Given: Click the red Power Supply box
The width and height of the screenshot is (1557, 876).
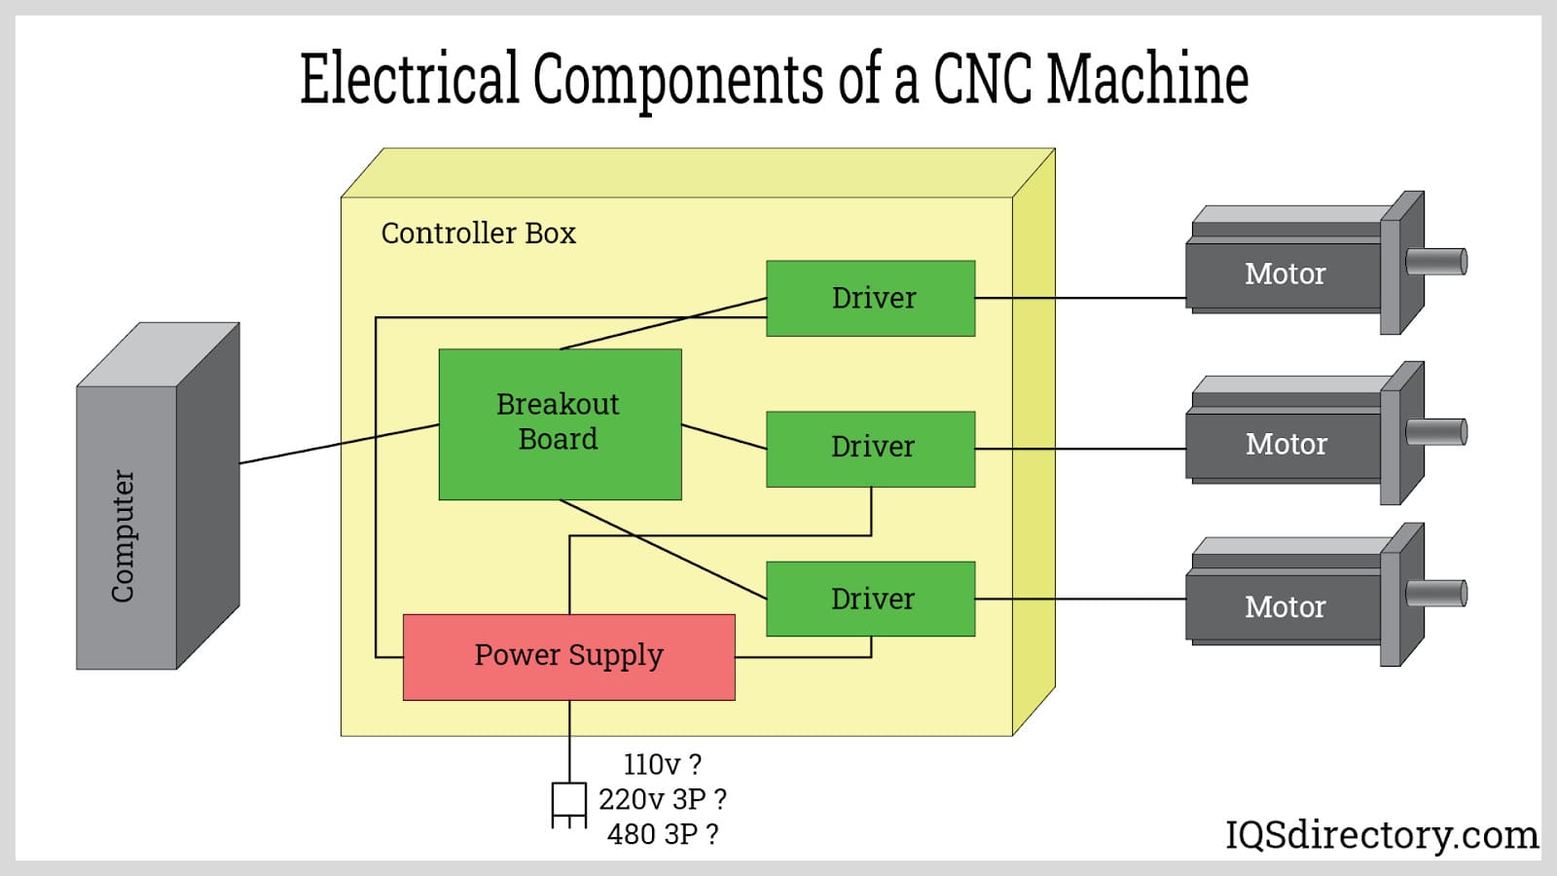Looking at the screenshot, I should click(568, 657).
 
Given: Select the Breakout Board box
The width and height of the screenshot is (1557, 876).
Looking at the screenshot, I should click(560, 423).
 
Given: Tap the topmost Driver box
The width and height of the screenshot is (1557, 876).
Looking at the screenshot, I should click(871, 298).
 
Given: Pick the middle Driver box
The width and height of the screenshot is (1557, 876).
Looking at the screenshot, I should click(871, 448).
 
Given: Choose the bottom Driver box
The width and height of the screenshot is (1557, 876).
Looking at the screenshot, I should click(871, 599).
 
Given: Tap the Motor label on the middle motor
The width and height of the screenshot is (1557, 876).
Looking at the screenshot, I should click(1285, 444).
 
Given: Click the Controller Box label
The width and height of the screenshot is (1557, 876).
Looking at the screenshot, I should click(478, 234).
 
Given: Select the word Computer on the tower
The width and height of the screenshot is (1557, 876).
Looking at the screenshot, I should click(123, 535).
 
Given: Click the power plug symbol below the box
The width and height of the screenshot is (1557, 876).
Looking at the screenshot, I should click(568, 803).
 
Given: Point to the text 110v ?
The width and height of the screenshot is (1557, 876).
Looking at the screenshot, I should click(662, 764).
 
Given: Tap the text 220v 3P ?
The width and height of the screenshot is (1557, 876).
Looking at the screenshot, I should click(662, 799).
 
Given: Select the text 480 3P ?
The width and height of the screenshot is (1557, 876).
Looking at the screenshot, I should click(662, 834).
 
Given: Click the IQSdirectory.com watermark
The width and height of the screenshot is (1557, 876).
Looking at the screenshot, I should click(1381, 834).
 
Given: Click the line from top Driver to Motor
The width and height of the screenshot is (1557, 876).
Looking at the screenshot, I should click(1080, 298).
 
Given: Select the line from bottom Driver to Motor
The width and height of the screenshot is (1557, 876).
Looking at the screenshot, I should click(1080, 599).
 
